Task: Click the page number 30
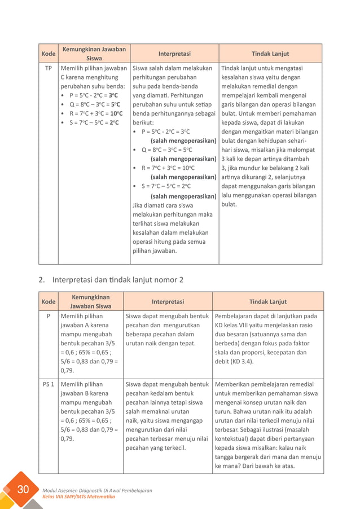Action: coord(23,489)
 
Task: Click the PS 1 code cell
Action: coord(49,384)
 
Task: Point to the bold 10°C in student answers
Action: coord(116,113)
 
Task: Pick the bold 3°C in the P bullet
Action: coord(113,95)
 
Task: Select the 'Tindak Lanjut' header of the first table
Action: coord(270,54)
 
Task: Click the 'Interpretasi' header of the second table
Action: coord(168,301)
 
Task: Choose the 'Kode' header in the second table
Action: coord(49,301)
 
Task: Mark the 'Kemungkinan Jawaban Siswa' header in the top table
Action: coord(94,54)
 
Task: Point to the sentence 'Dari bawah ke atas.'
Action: coord(267,466)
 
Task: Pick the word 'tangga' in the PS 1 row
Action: coord(226,457)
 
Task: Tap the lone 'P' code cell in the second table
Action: coord(49,316)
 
